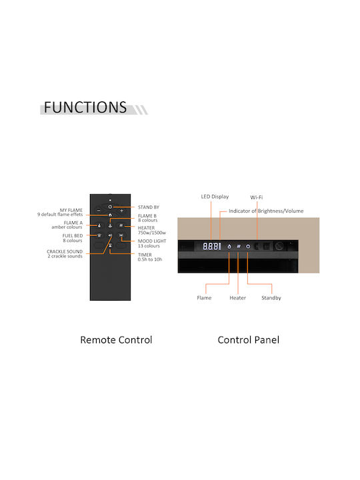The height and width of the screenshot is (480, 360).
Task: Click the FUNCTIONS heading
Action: coord(85,107)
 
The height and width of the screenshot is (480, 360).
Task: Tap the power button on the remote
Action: coord(110,207)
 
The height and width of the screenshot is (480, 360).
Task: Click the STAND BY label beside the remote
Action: coord(149,207)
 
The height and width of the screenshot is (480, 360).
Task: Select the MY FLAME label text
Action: coord(71,210)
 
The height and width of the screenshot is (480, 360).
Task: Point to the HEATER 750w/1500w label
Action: coord(152,230)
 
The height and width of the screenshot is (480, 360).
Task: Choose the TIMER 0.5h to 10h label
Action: coord(150,257)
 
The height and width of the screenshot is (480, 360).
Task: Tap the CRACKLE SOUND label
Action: coord(65,251)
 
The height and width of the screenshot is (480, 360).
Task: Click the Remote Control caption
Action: coord(116,340)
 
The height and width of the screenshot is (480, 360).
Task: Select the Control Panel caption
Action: coord(248,340)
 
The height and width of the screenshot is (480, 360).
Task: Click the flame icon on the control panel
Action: coord(229,246)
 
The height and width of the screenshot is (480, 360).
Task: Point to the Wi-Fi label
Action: coord(257,197)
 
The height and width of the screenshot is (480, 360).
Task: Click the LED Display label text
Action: coord(215,197)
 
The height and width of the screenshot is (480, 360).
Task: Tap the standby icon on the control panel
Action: coord(248,246)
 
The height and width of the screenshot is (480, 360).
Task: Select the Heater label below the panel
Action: coord(237,298)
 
